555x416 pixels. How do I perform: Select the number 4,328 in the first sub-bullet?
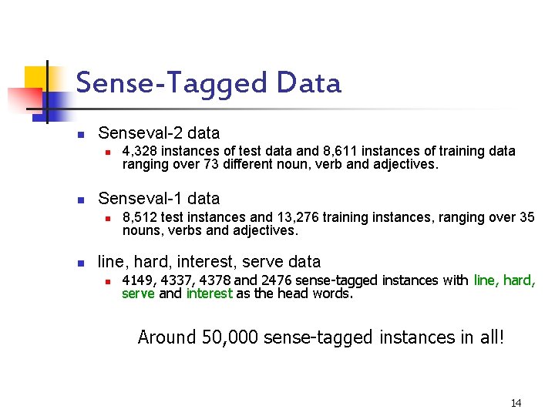coord(140,151)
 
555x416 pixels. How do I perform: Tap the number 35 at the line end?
coord(526,217)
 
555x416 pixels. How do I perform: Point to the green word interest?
coord(209,293)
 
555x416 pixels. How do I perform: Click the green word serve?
coord(138,293)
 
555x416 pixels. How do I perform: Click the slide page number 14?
coord(516,403)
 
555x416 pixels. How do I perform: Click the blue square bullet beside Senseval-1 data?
coord(80,200)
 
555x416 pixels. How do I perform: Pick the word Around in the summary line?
coord(165,337)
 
